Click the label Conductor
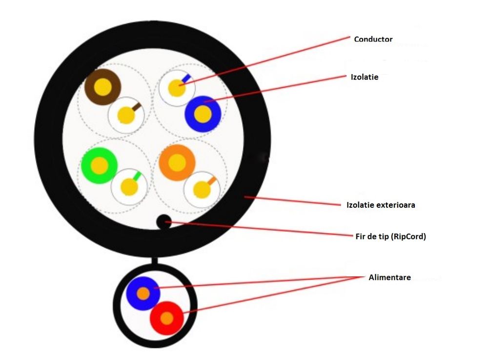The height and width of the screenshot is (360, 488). coord(373,39)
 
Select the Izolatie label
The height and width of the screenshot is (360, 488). coord(365,77)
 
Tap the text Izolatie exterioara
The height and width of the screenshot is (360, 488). coord(381,205)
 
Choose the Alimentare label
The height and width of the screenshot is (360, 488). coord(389,278)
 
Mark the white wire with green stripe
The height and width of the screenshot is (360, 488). coord(129,186)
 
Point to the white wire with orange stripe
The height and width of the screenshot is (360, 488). coord(202,189)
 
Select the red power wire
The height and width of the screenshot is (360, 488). coord(166,318)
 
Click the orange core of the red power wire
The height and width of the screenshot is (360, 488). coord(166,318)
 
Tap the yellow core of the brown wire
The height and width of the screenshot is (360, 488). coord(102,87)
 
